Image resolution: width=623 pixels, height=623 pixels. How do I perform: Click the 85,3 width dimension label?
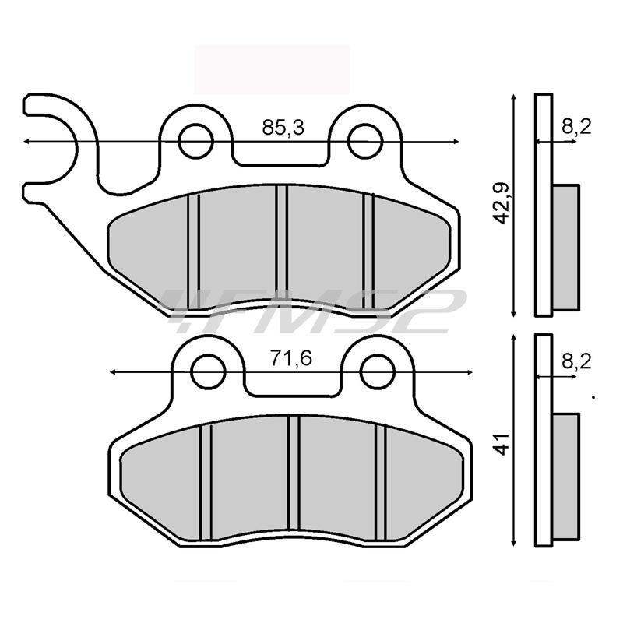[283, 128]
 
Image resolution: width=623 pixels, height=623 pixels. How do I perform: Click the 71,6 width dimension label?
[291, 359]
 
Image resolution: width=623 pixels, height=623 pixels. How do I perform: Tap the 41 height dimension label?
[502, 444]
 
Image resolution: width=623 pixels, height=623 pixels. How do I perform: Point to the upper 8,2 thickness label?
[576, 127]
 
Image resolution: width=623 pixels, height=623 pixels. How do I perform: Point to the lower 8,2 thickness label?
[576, 361]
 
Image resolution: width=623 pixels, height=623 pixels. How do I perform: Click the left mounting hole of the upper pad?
[196, 141]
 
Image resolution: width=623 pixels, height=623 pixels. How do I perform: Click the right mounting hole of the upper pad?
[364, 141]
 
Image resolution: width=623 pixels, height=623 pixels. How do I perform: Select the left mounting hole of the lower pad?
[208, 372]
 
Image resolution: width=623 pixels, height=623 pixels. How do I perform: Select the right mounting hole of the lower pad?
[377, 372]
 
